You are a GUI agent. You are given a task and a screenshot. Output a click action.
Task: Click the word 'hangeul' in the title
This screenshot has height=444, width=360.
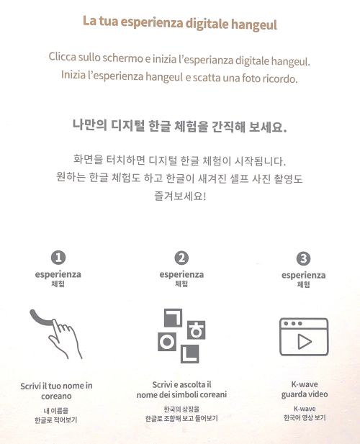click(253, 24)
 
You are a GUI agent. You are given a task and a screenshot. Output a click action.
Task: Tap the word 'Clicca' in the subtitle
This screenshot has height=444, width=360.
click(63, 56)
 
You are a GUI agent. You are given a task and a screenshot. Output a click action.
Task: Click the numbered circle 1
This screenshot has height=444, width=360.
click(58, 258)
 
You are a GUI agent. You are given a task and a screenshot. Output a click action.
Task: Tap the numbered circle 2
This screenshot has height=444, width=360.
click(181, 258)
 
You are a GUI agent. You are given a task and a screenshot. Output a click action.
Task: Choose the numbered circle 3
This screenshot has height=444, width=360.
click(303, 258)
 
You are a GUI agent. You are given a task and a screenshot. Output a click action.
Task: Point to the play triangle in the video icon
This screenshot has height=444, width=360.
click(305, 342)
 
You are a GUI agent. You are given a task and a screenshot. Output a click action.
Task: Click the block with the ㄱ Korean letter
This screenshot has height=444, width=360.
click(173, 317)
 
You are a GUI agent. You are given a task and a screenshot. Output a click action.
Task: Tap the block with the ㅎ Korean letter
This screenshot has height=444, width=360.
click(197, 330)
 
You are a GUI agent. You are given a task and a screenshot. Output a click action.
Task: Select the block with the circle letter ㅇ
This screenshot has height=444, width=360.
click(167, 342)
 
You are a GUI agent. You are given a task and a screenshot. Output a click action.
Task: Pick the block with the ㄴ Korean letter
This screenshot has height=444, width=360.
click(190, 353)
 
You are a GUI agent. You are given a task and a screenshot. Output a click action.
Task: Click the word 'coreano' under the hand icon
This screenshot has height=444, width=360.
click(56, 396)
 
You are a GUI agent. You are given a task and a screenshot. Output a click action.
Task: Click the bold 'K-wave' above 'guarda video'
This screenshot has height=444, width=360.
click(305, 384)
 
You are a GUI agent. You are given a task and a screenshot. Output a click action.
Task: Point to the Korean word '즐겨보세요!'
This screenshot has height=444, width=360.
click(180, 196)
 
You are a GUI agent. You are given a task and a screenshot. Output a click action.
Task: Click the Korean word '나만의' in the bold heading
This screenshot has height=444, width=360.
click(89, 125)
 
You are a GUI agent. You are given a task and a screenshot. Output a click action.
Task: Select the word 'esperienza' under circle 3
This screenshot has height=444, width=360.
click(303, 275)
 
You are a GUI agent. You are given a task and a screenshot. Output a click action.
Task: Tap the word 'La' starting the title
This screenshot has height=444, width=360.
click(89, 21)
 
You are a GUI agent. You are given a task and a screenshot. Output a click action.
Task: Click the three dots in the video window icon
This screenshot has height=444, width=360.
click(293, 323)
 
